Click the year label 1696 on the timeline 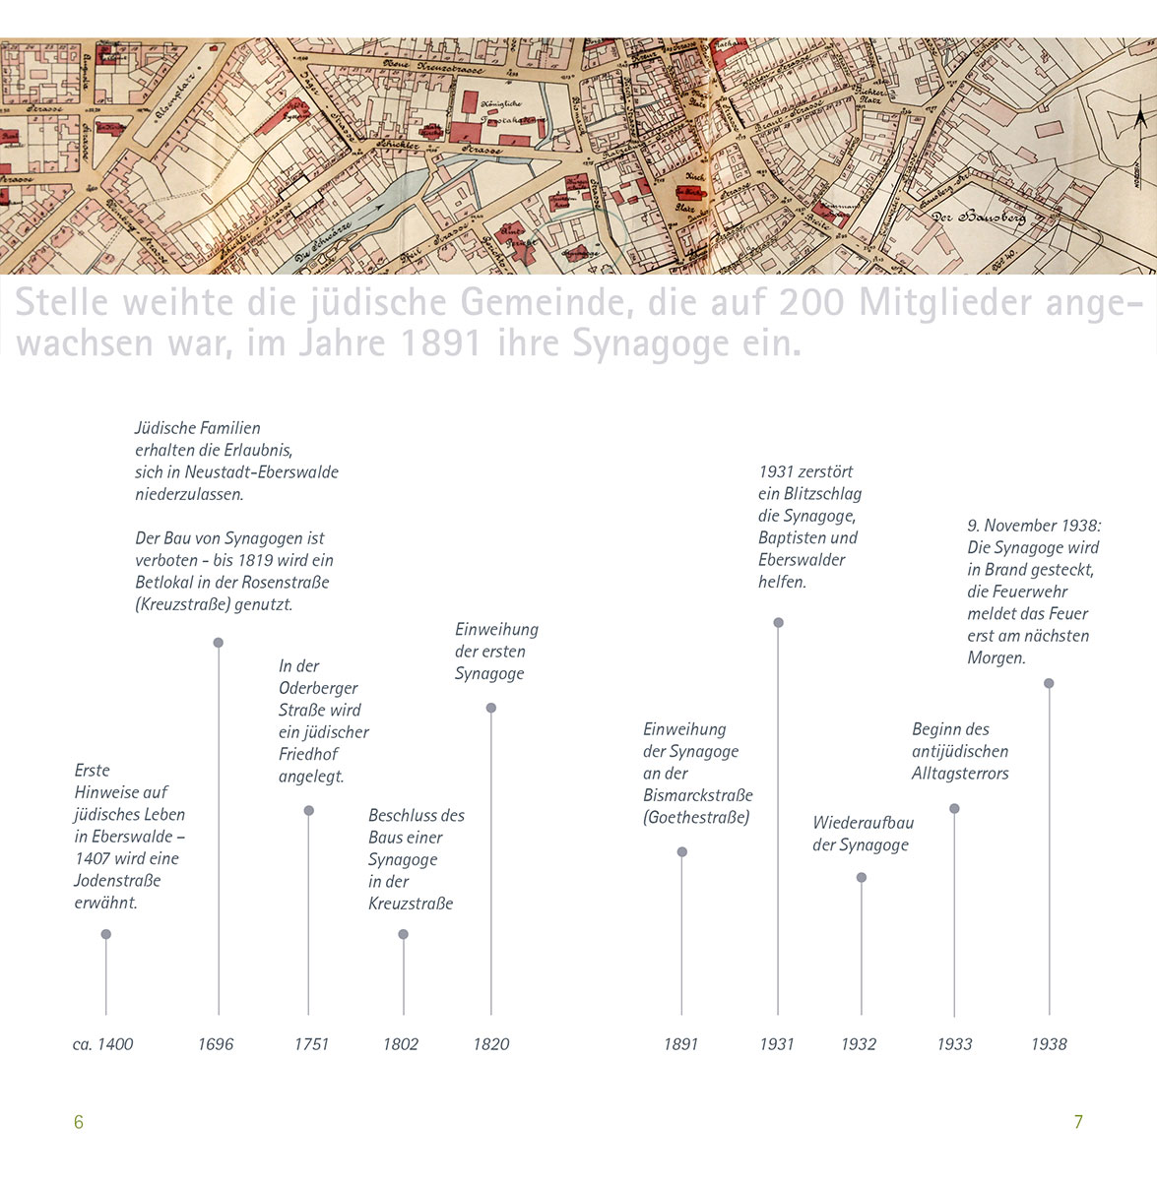pos(216,1044)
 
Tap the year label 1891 pos(680,1044)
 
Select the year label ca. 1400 pos(102,1044)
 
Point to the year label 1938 pos(1049,1044)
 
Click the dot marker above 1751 pos(308,811)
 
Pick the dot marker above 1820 pos(491,708)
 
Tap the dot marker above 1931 pos(778,623)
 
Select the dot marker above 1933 pos(954,809)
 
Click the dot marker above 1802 pos(403,935)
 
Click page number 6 pos(79,1122)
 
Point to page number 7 pos(1078,1122)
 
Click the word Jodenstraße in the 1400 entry pos(117,881)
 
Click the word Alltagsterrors pos(960,774)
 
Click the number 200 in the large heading pos(811,302)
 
